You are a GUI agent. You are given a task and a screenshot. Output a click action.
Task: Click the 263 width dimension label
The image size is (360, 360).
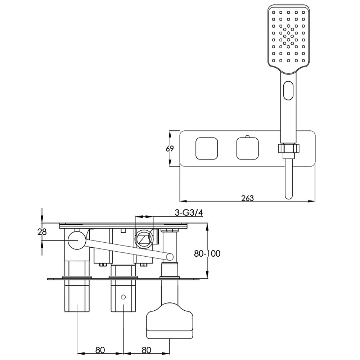pyautogui.click(x=248, y=198)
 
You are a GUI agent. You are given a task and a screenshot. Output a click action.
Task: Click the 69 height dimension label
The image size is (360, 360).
pyautogui.click(x=170, y=149)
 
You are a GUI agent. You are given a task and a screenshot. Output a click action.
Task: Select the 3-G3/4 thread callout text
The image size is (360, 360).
pyautogui.click(x=189, y=213)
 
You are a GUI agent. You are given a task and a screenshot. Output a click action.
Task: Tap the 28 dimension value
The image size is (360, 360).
pyautogui.click(x=42, y=232)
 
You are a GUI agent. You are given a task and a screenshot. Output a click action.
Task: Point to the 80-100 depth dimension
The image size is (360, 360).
pyautogui.click(x=207, y=253)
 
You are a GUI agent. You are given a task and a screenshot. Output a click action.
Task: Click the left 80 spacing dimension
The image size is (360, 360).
pyautogui.click(x=100, y=350)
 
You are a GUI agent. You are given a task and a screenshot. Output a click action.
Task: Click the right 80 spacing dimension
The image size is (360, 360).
pyautogui.click(x=147, y=350)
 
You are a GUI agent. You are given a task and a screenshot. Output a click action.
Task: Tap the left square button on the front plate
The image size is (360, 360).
pyautogui.click(x=207, y=148)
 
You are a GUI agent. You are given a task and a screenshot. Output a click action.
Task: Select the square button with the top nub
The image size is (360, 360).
pyautogui.click(x=248, y=148)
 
